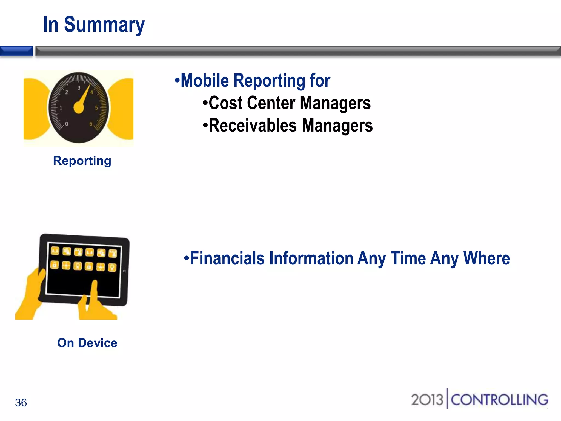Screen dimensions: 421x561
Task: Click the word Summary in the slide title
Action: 104,25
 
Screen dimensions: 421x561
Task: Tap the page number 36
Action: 21,403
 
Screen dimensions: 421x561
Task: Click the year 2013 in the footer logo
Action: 427,400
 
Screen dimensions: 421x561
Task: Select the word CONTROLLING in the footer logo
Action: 499,400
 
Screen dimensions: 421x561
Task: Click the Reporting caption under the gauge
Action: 82,161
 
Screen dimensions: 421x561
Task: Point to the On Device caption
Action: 87,343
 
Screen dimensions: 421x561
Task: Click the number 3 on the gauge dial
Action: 79,88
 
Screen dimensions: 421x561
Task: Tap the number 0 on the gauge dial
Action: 67,124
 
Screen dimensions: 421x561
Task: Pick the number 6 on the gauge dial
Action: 91,124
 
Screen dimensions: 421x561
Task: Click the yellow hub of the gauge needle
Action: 79,108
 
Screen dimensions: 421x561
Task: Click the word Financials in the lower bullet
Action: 227,258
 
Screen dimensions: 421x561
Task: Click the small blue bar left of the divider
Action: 16,51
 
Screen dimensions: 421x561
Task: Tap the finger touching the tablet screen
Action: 94,288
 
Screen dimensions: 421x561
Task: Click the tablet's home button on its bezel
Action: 124,271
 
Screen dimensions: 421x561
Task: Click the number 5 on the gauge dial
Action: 96,108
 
